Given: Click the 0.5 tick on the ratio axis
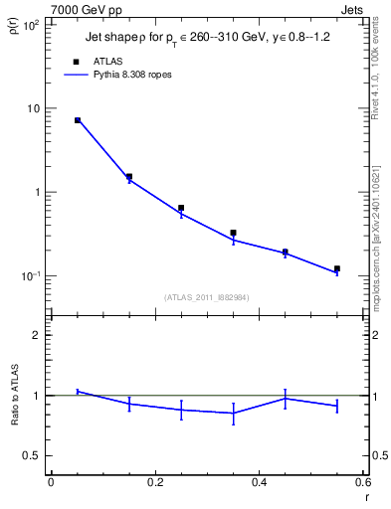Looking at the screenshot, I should [33, 455].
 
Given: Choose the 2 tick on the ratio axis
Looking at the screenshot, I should [38, 335].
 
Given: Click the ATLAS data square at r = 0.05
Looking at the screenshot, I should [77, 120].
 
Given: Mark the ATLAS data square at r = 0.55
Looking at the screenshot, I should [337, 268].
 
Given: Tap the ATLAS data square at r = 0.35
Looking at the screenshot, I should [233, 233].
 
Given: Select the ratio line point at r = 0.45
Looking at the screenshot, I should [286, 399].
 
